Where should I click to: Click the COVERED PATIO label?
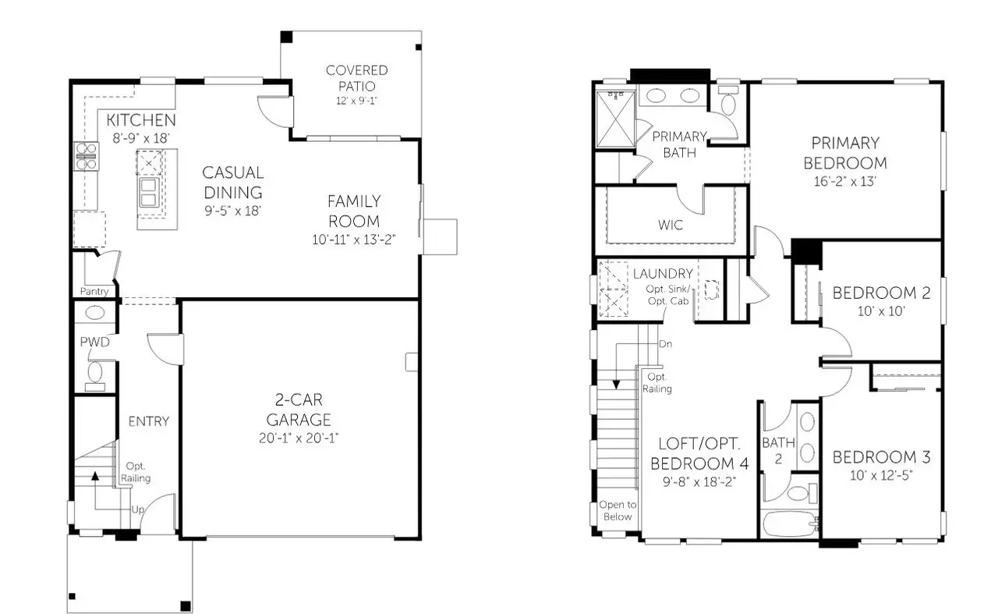point(356,78)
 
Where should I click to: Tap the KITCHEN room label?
point(141,120)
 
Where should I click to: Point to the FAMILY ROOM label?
point(353,211)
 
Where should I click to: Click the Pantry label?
point(94,291)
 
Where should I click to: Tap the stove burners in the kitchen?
point(86,155)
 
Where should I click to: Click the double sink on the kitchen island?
point(149,192)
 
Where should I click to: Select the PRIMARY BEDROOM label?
point(845,153)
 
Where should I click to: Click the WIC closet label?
point(671,225)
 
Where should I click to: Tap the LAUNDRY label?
point(663,274)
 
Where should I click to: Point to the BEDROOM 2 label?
point(881,293)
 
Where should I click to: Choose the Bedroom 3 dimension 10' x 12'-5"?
point(881,476)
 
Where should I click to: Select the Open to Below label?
point(617,510)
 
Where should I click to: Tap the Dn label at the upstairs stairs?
point(665,344)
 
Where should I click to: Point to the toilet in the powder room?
point(95,373)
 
